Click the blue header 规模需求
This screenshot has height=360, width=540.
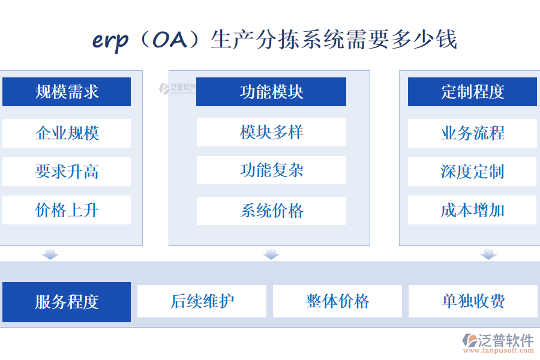click(x=67, y=92)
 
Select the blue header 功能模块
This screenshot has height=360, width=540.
click(x=271, y=92)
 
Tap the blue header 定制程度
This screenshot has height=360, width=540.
click(x=472, y=92)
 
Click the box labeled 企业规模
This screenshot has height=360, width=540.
click(x=67, y=133)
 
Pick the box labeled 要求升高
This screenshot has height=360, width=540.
click(x=67, y=172)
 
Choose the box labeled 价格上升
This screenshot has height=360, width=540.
click(x=67, y=210)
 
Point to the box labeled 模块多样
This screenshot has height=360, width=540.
click(x=271, y=132)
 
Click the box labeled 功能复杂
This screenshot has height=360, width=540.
click(x=271, y=170)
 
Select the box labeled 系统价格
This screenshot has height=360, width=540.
click(x=271, y=211)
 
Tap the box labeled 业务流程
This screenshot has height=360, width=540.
click(x=472, y=133)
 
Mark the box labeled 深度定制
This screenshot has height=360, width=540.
click(x=472, y=172)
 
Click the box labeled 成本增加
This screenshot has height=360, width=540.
click(x=472, y=210)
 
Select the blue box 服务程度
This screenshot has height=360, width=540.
click(x=67, y=302)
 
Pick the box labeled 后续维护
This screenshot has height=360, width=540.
click(x=202, y=301)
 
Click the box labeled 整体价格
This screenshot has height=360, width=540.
click(x=338, y=301)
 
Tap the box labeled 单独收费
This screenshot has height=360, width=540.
click(x=473, y=301)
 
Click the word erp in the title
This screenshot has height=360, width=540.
click(x=110, y=40)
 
